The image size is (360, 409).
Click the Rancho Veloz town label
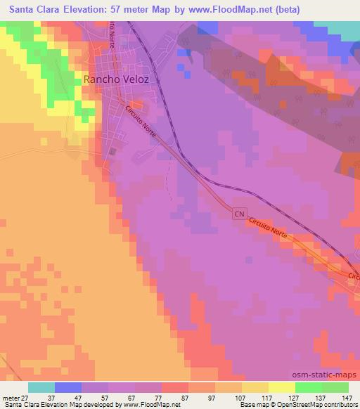tap(116, 79)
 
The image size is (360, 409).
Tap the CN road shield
tap(238, 212)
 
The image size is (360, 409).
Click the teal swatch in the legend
tap(41, 387)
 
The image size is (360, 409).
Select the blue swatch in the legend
tap(68, 387)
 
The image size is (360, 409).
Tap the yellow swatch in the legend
tap(255, 387)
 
